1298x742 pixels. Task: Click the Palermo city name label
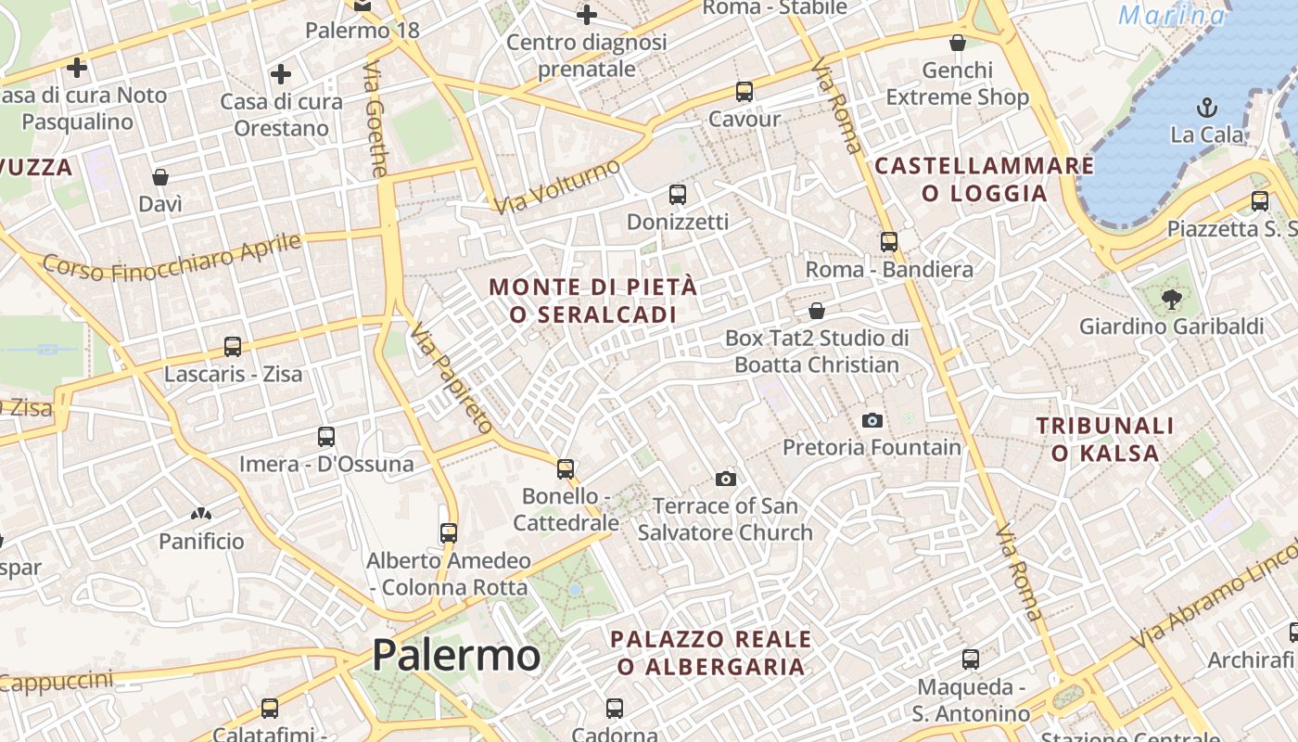pyautogui.click(x=455, y=656)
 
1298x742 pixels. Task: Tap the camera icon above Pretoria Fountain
pyautogui.click(x=872, y=421)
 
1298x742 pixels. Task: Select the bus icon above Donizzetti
pyautogui.click(x=678, y=195)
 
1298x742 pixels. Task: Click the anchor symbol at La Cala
pyautogui.click(x=1206, y=108)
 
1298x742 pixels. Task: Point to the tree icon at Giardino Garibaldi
pyautogui.click(x=1172, y=299)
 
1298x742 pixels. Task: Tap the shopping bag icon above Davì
pyautogui.click(x=160, y=176)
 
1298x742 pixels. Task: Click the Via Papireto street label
pyautogui.click(x=452, y=378)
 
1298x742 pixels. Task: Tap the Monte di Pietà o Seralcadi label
pyautogui.click(x=593, y=301)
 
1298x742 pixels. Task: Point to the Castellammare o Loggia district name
pyautogui.click(x=985, y=180)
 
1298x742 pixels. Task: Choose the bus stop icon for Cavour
pyautogui.click(x=744, y=92)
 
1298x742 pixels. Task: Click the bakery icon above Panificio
pyautogui.click(x=200, y=513)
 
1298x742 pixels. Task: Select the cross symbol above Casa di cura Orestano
pyautogui.click(x=281, y=74)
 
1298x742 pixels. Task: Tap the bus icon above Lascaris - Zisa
pyautogui.click(x=233, y=347)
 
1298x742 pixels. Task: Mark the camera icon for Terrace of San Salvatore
pyautogui.click(x=726, y=479)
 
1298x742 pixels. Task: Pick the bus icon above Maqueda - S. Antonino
pyautogui.click(x=971, y=659)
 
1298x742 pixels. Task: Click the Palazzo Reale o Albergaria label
pyautogui.click(x=711, y=653)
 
